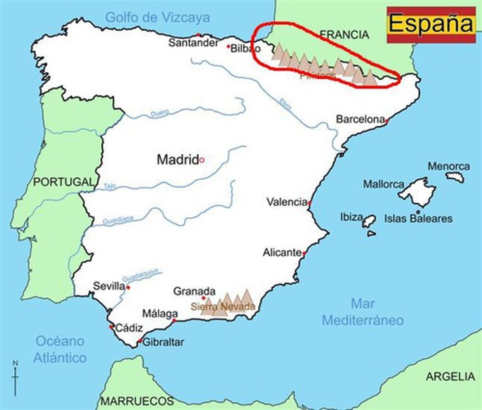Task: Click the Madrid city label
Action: [x=177, y=160]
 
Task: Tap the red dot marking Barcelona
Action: [x=387, y=121]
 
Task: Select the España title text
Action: [x=431, y=24]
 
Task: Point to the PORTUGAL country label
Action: [x=64, y=182]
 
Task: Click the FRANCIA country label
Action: [x=344, y=35]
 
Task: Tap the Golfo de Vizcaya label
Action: [x=157, y=17]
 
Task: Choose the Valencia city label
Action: [x=287, y=202]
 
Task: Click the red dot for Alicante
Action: [x=304, y=254]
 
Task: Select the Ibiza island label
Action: [x=351, y=217]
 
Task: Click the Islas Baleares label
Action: [x=418, y=218]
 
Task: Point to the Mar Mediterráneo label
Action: [x=363, y=312]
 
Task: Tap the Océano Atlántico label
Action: [x=60, y=349]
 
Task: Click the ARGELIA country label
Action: [x=450, y=377]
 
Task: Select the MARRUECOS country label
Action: [x=137, y=400]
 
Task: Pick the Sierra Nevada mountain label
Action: [x=223, y=306]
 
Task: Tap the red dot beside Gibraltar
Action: [x=140, y=341]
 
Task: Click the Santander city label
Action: [x=193, y=43]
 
